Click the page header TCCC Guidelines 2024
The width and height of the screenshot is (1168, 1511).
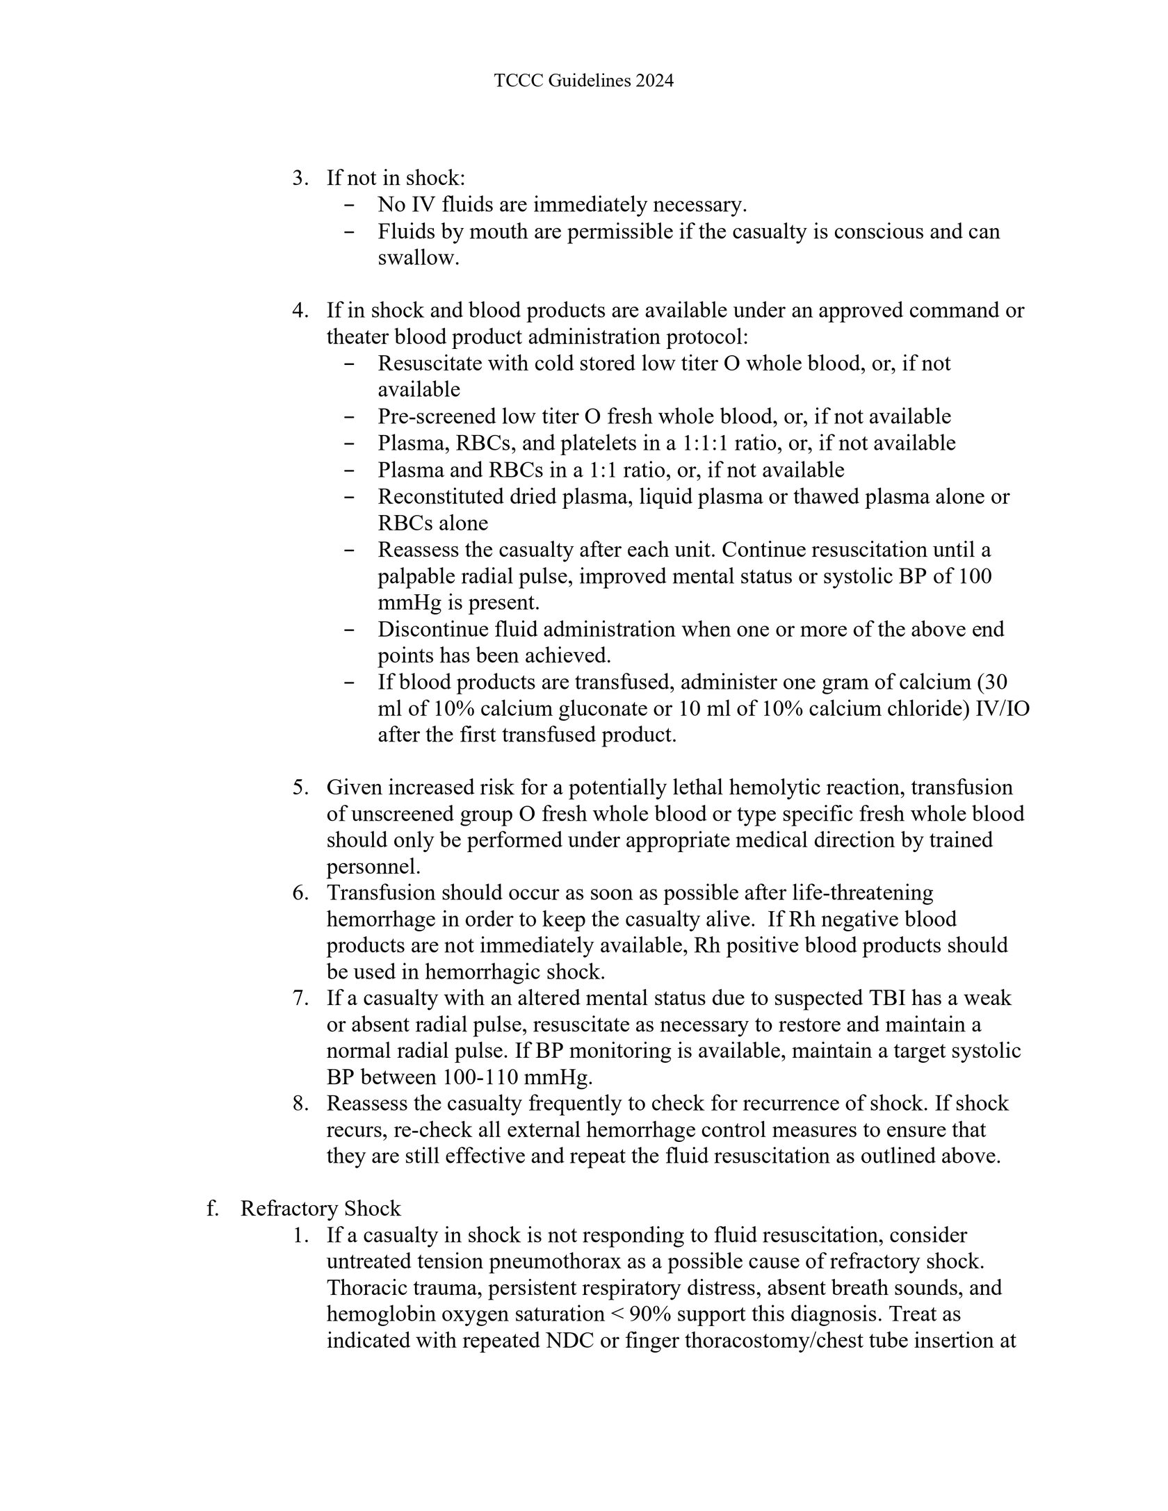pyautogui.click(x=583, y=81)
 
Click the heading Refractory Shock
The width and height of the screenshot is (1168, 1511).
pyautogui.click(x=321, y=1209)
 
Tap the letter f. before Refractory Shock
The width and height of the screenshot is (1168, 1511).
pyautogui.click(x=211, y=1209)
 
